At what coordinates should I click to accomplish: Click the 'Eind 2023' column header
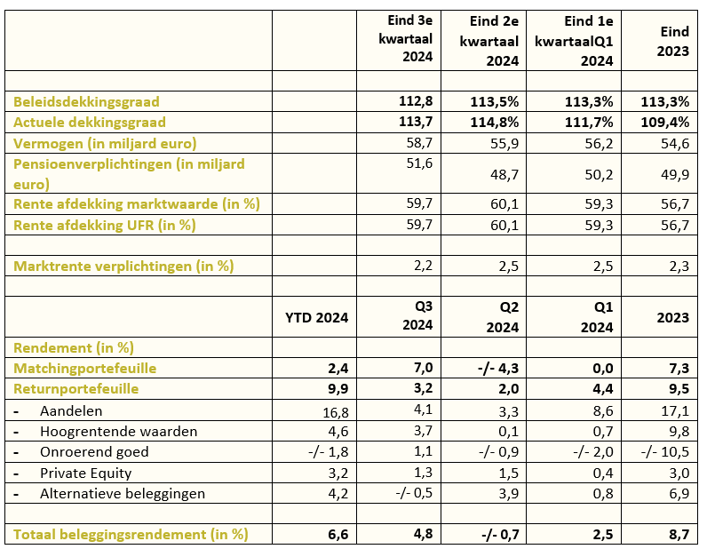point(672,41)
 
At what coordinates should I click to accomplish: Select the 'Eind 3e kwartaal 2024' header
point(405,38)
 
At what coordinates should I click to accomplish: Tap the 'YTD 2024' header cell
point(316,317)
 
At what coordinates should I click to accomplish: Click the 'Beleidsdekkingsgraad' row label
point(86,101)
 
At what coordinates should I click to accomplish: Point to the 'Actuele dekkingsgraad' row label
point(90,123)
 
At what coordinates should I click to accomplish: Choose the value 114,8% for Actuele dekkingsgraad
point(495,123)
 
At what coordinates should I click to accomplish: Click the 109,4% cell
point(665,123)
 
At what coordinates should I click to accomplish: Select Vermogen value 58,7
point(419,143)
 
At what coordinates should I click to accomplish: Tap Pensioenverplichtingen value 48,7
point(504,174)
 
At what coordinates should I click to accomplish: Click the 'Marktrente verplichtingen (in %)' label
point(123,267)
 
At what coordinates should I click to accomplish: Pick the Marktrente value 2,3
point(679,267)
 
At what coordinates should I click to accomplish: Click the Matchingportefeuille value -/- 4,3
point(498,369)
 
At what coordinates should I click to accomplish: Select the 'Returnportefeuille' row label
point(76,389)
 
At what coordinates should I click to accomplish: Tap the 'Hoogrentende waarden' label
point(119,432)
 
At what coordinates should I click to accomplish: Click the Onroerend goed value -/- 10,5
point(665,451)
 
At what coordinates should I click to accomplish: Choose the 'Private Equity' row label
point(85,473)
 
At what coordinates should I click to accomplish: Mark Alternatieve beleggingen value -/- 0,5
point(414,493)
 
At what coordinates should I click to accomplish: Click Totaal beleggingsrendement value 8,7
point(679,535)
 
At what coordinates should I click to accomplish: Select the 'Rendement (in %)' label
point(74,348)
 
